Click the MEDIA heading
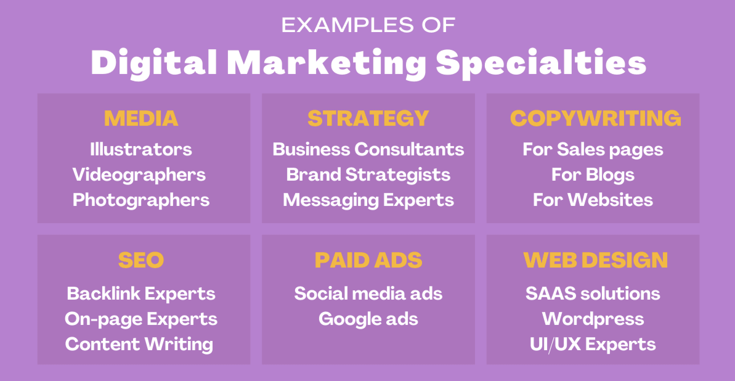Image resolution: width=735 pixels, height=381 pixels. [x=141, y=118]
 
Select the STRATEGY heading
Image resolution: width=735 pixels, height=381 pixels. [x=368, y=118]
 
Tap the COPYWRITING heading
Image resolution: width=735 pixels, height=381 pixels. [x=595, y=118]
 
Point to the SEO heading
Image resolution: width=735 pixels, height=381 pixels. [x=141, y=260]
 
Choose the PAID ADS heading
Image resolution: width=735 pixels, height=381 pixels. [x=368, y=260]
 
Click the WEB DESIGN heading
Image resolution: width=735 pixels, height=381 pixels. [x=595, y=260]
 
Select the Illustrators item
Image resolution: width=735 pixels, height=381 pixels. [x=141, y=150]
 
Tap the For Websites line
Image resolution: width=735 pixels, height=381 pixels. [x=593, y=200]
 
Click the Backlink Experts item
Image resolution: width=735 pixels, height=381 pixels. [x=141, y=294]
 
